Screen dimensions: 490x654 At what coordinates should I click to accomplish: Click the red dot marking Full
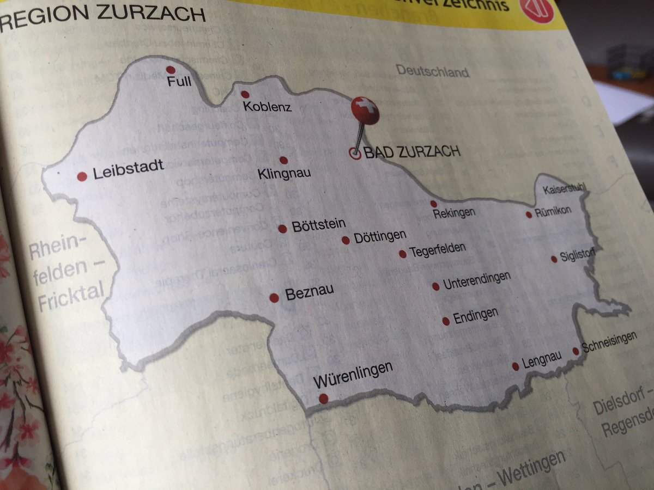click(x=171, y=70)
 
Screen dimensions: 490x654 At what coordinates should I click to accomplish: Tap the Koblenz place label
click(x=268, y=107)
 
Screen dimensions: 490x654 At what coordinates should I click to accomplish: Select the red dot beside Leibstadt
click(x=82, y=176)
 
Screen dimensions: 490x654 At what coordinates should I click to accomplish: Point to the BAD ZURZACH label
click(x=412, y=152)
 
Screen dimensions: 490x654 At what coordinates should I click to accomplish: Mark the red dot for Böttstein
click(x=282, y=229)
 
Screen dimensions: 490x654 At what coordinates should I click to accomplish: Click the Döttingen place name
click(x=380, y=237)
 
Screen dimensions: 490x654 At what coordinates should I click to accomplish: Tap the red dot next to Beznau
click(x=274, y=298)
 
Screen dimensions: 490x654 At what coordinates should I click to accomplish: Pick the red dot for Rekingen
click(x=434, y=204)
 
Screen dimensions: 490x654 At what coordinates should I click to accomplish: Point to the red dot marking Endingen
click(x=446, y=321)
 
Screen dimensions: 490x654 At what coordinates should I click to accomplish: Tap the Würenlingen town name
click(x=353, y=375)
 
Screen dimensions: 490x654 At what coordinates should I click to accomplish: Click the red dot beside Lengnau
click(x=516, y=366)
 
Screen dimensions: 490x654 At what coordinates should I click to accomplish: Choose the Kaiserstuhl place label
click(x=565, y=189)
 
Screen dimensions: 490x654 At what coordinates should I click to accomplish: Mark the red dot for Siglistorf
click(x=554, y=259)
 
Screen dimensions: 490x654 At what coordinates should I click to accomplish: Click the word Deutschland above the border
click(x=432, y=71)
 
